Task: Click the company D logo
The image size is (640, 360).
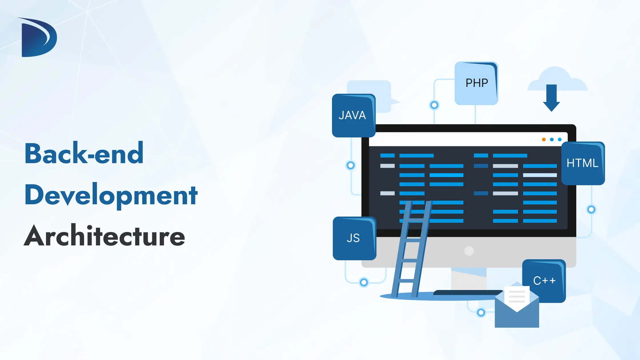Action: (39, 37)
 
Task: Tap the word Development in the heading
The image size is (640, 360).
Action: (111, 195)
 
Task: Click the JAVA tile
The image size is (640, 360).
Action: (353, 115)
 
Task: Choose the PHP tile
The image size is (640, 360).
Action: (476, 83)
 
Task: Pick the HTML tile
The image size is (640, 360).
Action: (583, 163)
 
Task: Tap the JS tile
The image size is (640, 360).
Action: (354, 238)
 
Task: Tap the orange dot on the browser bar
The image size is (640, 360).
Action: (544, 139)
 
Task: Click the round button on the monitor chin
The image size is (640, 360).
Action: (469, 251)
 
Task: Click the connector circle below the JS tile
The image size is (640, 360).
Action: (364, 283)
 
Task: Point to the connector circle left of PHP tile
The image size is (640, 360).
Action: (434, 105)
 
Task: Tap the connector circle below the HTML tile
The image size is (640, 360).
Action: (591, 209)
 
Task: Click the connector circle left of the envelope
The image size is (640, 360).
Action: (481, 313)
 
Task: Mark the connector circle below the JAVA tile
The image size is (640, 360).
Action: (351, 165)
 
